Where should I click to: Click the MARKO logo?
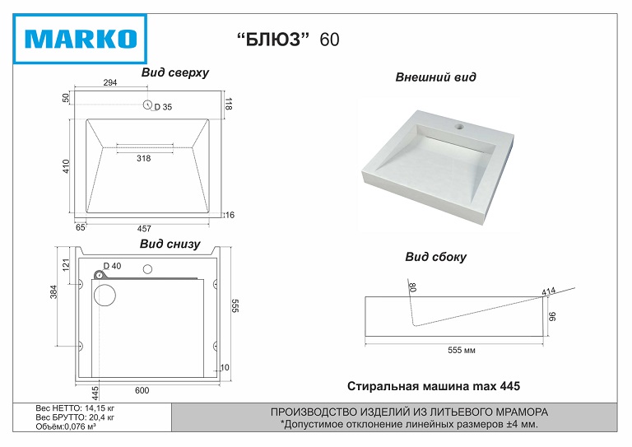[x=80, y=39]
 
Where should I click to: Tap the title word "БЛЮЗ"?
[x=273, y=39]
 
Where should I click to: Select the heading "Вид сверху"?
[x=175, y=72]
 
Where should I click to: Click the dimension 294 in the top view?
[x=110, y=82]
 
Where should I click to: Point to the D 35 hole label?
[x=163, y=107]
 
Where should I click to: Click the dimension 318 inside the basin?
[x=143, y=158]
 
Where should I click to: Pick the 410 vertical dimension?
[x=66, y=166]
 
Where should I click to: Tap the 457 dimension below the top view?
[x=144, y=229]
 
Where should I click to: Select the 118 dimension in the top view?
[x=229, y=104]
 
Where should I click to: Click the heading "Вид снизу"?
[x=170, y=244]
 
